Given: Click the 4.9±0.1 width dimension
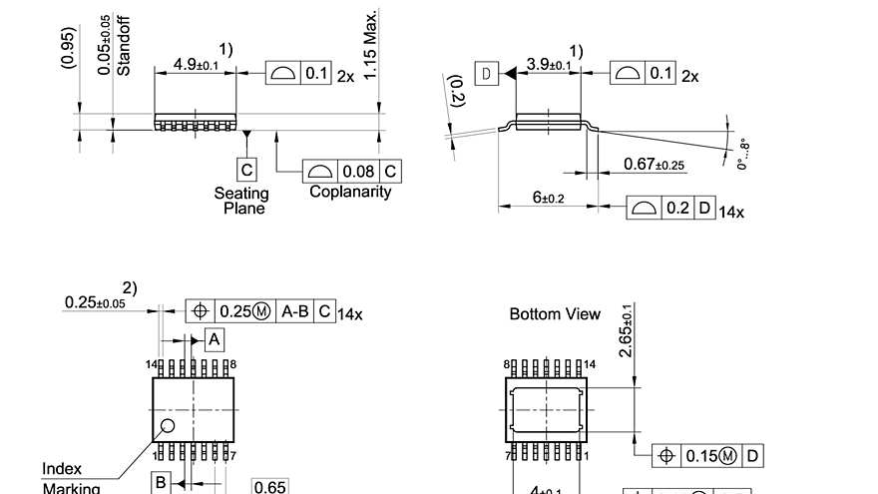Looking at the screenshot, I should pyautogui.click(x=196, y=65).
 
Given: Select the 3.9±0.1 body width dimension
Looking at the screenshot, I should pyautogui.click(x=549, y=65).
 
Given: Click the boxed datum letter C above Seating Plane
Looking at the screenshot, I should pyautogui.click(x=246, y=170).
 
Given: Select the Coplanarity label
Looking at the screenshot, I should pyautogui.click(x=350, y=192).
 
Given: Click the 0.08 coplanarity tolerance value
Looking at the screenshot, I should pyautogui.click(x=357, y=172).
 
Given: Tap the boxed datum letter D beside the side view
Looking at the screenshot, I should pyautogui.click(x=486, y=74).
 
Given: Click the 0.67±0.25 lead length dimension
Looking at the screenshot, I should pyautogui.click(x=654, y=165).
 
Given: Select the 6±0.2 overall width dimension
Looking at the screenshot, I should pyautogui.click(x=548, y=199).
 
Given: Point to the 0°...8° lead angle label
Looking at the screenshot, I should pyautogui.click(x=742, y=153).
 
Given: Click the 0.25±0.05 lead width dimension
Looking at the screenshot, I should pyautogui.click(x=95, y=302).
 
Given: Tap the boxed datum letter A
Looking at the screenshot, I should pyautogui.click(x=214, y=340).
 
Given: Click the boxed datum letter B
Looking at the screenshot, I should pyautogui.click(x=161, y=483).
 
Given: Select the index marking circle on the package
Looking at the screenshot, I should pyautogui.click(x=167, y=426).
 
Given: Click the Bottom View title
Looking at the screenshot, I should pyautogui.click(x=555, y=314).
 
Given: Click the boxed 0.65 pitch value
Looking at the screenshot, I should pyautogui.click(x=269, y=487).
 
